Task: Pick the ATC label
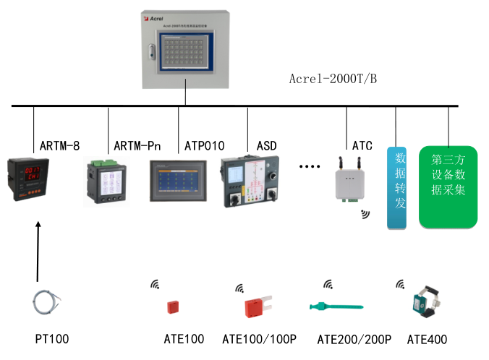tap(362, 145)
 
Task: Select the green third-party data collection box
tap(448, 186)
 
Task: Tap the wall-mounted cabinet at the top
tap(185, 47)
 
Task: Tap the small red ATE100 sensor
tap(175, 307)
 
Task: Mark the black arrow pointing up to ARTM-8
tap(38, 253)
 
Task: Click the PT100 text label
tap(52, 339)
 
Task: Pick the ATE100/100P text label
tap(259, 339)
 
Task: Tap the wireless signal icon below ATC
tap(365, 214)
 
